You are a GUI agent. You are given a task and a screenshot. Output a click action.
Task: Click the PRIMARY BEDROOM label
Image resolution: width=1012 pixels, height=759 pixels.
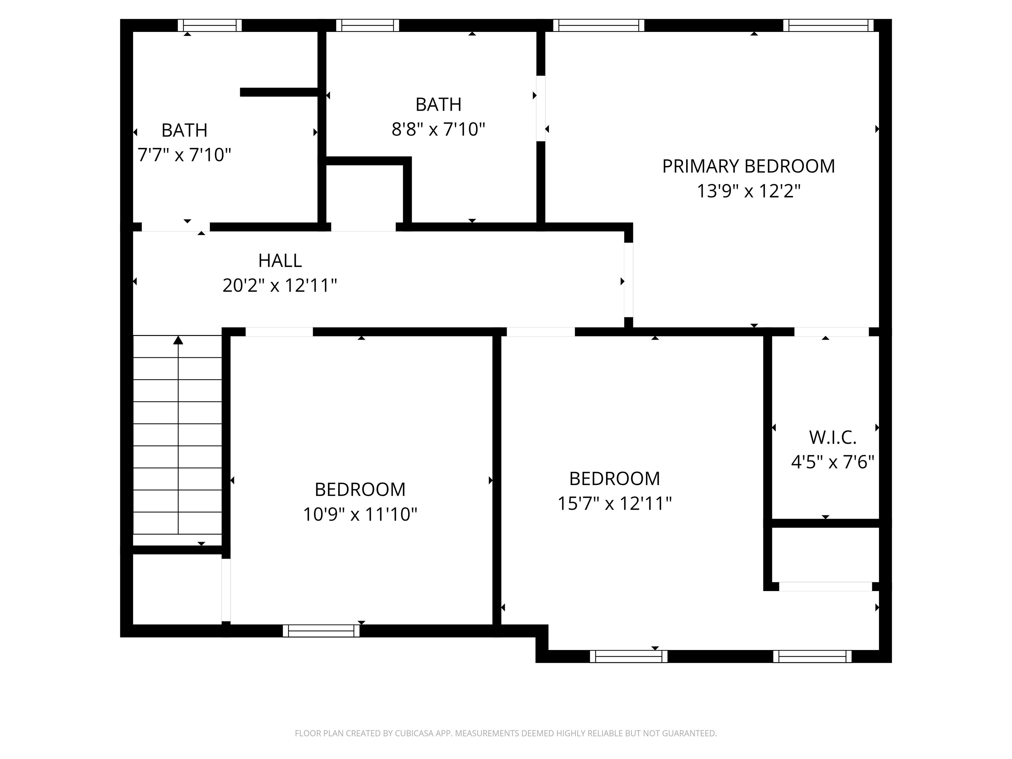(x=748, y=166)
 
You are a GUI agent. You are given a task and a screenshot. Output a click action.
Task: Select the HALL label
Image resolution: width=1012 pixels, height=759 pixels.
(x=280, y=261)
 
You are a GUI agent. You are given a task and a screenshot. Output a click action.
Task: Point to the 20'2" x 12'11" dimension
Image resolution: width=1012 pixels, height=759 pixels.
(x=280, y=286)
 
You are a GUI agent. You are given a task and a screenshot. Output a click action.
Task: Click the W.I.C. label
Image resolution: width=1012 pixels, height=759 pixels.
(x=832, y=438)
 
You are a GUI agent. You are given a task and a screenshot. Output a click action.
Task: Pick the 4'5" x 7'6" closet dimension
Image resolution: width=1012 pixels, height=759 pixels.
(x=832, y=463)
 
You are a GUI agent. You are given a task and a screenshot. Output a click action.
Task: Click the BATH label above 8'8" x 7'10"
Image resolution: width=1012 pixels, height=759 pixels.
(x=438, y=105)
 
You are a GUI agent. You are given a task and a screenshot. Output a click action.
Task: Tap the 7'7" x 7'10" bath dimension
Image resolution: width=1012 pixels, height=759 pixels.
(x=184, y=155)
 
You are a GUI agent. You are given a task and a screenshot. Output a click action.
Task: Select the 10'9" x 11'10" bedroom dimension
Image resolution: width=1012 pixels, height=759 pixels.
(x=360, y=515)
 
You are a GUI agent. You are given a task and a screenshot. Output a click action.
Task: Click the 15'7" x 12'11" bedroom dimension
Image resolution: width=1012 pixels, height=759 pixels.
(x=614, y=504)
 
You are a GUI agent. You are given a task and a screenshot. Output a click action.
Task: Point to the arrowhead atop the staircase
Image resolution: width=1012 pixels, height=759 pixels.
(x=178, y=340)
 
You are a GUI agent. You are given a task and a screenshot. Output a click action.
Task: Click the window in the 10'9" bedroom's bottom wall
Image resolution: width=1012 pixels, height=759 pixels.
(x=321, y=631)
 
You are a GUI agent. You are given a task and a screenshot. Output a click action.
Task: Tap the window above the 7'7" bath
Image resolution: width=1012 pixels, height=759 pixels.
(x=210, y=25)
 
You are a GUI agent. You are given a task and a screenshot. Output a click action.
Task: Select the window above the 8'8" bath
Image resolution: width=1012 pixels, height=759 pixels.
(x=367, y=25)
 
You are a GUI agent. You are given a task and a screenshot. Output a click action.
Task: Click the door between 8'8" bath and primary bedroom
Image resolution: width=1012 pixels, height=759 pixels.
(x=541, y=108)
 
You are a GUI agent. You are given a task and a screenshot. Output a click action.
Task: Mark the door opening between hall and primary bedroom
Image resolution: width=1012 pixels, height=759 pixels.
(x=629, y=280)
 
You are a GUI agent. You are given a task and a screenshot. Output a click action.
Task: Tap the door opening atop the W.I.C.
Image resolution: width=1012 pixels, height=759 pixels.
(x=831, y=332)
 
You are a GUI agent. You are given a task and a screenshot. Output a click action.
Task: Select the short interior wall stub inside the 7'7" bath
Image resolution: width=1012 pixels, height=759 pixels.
(x=279, y=92)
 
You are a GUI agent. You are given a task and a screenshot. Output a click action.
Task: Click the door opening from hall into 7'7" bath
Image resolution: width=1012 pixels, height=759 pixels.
(x=176, y=227)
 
